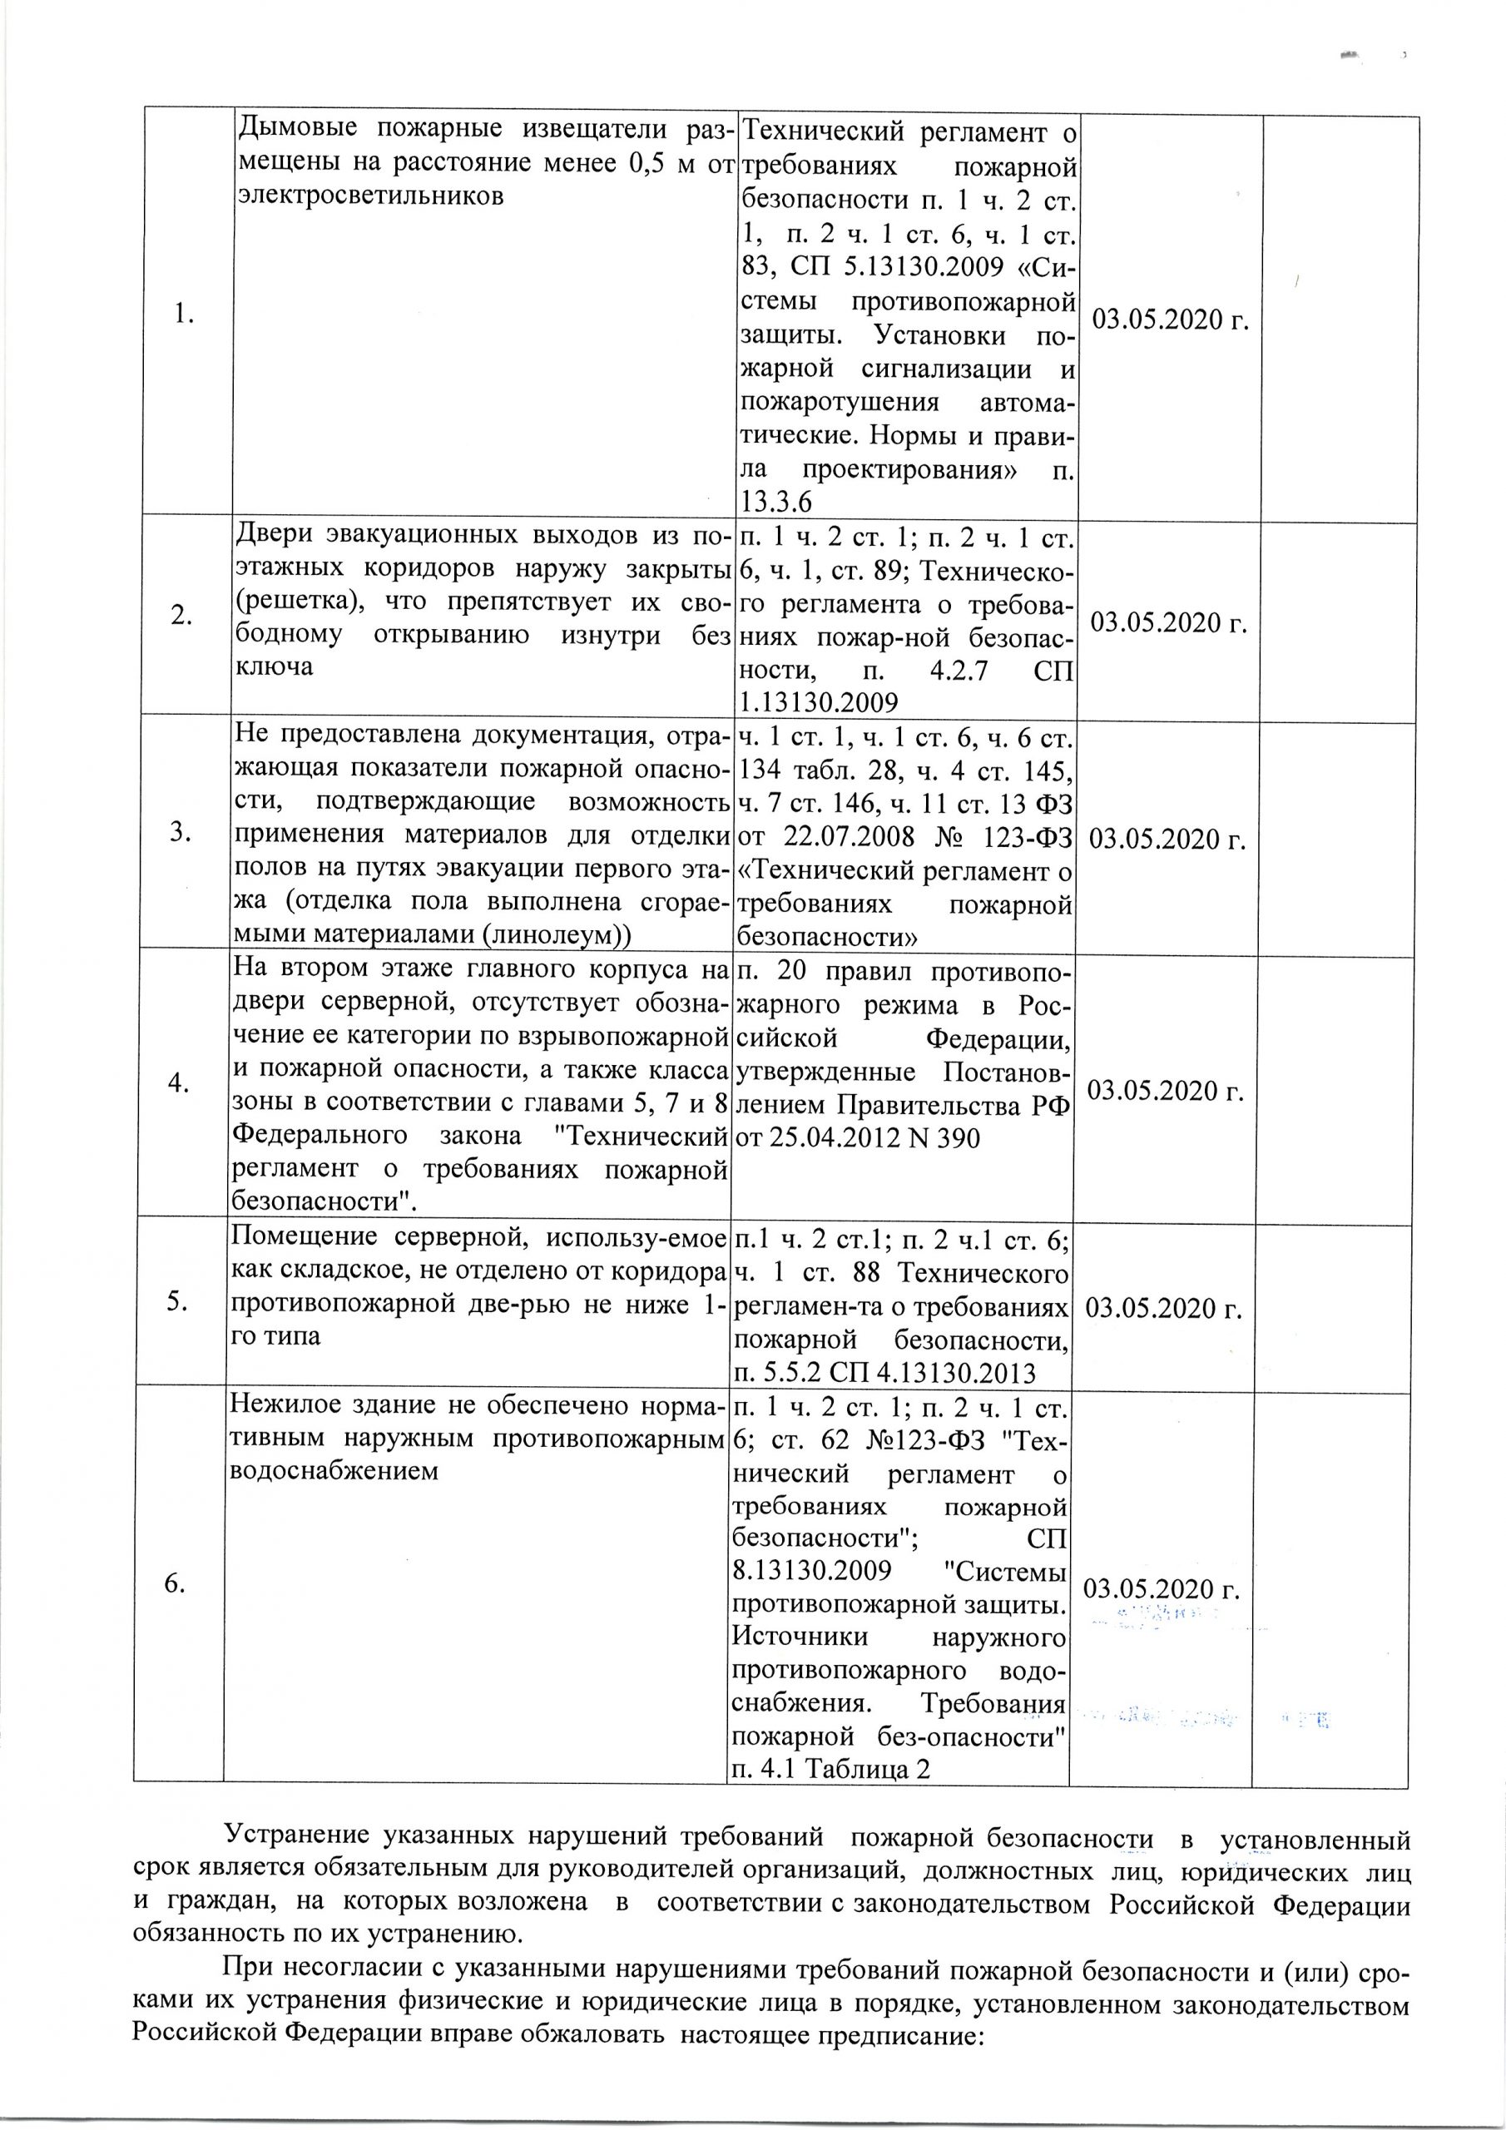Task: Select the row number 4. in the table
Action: click(180, 1082)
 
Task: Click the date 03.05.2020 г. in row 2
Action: click(1167, 622)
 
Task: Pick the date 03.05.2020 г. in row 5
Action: click(1163, 1308)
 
